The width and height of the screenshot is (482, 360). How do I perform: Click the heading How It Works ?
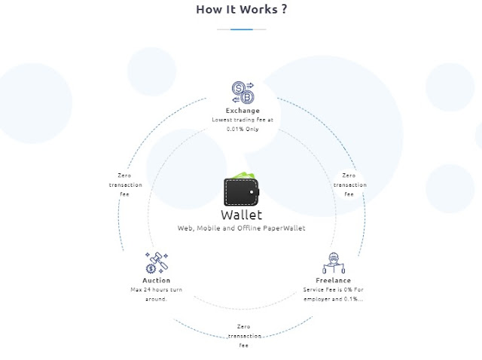pos(240,11)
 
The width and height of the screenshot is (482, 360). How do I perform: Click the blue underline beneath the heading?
pos(241,29)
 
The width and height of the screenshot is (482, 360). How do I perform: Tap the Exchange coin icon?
pos(243,93)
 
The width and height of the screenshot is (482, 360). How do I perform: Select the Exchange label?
pos(243,111)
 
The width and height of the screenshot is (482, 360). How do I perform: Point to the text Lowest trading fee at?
pos(243,120)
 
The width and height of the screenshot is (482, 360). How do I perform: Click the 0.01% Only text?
pos(243,129)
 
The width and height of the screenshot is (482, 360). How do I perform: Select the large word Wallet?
pos(241,215)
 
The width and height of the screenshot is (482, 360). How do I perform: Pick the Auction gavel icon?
pos(156,264)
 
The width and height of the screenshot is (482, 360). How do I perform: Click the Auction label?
pos(156,281)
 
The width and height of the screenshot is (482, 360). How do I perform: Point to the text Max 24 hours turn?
pos(156,290)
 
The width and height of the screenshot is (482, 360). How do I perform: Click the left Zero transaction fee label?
pos(124,185)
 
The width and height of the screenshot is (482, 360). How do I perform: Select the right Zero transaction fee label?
pos(349,185)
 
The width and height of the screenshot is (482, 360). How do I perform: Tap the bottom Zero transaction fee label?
pos(243,335)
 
